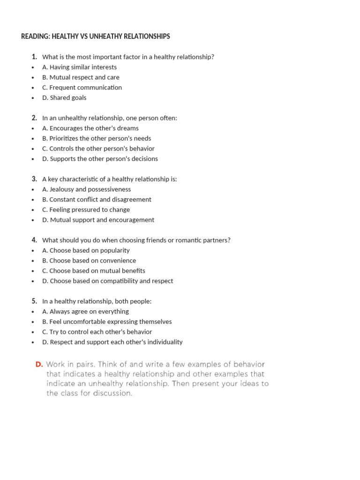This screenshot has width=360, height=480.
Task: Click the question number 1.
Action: pyautogui.click(x=34, y=57)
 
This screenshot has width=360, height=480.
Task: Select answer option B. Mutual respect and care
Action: pyautogui.click(x=81, y=77)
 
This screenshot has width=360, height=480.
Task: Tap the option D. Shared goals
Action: pyautogui.click(x=64, y=97)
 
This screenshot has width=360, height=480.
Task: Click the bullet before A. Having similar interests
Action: pyautogui.click(x=33, y=67)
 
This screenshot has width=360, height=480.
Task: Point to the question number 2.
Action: pyautogui.click(x=34, y=118)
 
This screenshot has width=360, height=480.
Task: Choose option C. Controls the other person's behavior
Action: pyautogui.click(x=98, y=149)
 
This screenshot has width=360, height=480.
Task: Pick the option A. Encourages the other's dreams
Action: pyautogui.click(x=90, y=128)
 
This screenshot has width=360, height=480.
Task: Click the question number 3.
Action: pyautogui.click(x=34, y=179)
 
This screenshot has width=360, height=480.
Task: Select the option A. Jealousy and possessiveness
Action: pyautogui.click(x=86, y=189)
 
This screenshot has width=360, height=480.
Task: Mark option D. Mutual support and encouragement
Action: pyautogui.click(x=98, y=220)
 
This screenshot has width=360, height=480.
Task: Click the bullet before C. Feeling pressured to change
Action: pyautogui.click(x=33, y=210)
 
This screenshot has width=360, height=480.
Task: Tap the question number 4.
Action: pyautogui.click(x=34, y=240)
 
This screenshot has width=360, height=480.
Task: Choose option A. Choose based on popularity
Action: pyautogui.click(x=86, y=250)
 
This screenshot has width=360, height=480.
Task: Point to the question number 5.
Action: pyautogui.click(x=34, y=301)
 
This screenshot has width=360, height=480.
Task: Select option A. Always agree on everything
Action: pyautogui.click(x=85, y=311)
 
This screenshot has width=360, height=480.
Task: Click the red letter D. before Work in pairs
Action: pyautogui.click(x=39, y=364)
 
